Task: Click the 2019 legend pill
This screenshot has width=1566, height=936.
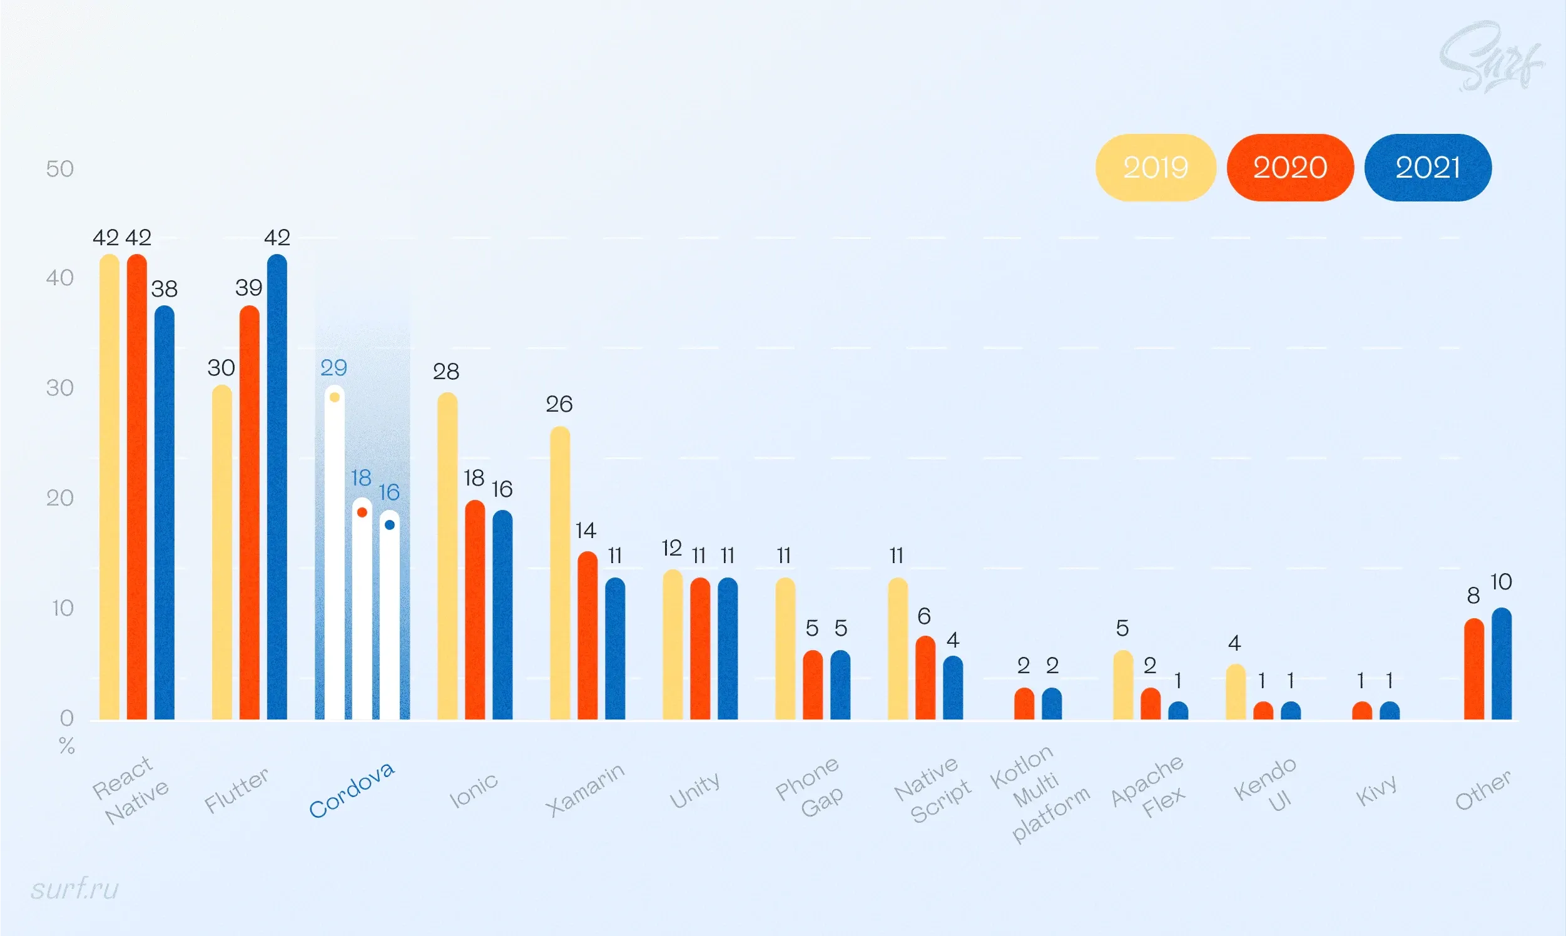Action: point(1156,168)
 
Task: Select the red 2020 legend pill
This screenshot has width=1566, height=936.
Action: point(1289,168)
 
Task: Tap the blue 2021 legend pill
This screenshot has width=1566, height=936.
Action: point(1427,168)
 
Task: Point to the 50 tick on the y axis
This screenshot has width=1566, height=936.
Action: point(60,169)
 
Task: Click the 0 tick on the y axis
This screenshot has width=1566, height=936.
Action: point(66,718)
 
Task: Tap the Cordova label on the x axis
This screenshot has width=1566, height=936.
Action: point(352,790)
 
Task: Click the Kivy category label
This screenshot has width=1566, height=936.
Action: point(1376,790)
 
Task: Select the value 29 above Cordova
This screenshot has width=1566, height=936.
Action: point(333,368)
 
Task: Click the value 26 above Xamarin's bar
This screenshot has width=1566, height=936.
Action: point(559,404)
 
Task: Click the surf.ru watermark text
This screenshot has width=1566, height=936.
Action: point(74,888)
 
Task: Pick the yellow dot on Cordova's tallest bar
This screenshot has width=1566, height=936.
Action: point(335,397)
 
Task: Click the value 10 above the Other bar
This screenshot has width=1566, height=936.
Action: point(1500,581)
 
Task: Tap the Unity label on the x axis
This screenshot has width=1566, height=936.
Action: point(694,790)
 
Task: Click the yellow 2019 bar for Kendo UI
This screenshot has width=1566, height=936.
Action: point(1236,692)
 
